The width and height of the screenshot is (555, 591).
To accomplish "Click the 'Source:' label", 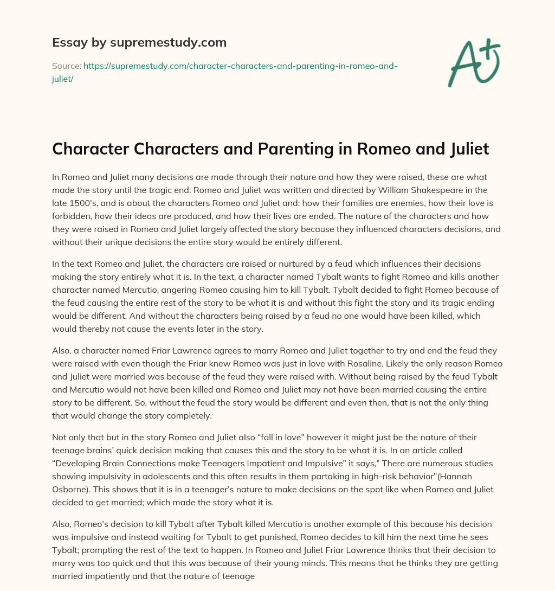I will click(66, 66).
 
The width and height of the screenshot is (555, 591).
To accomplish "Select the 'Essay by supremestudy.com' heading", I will click(139, 42).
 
